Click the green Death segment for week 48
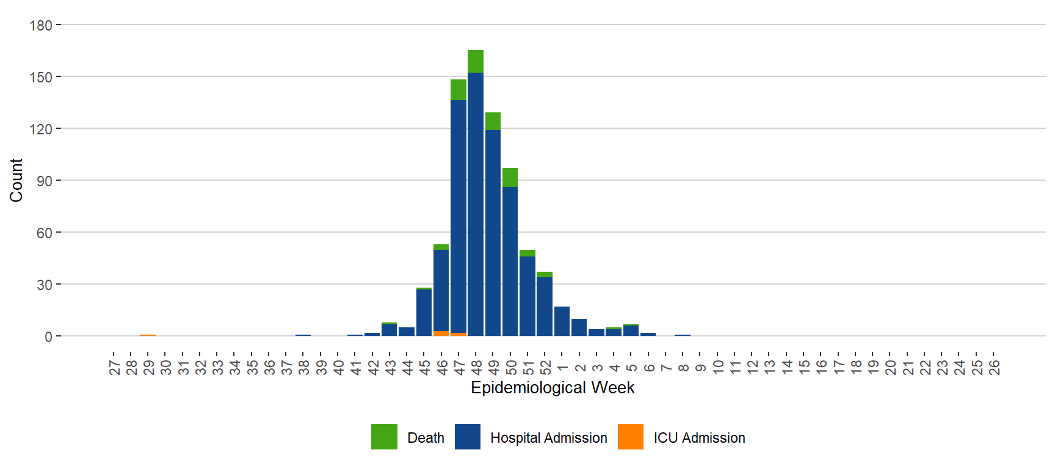tap(476, 61)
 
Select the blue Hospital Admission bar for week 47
tap(459, 214)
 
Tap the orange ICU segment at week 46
tap(441, 333)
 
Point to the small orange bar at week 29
tap(148, 335)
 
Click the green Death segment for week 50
tap(510, 177)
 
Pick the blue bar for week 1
tap(562, 321)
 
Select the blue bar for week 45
tap(424, 312)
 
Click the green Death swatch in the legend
tap(384, 437)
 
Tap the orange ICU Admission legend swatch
tap(631, 437)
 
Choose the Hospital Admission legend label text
tap(548, 438)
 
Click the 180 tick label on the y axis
tap(41, 26)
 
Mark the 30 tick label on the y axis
tap(44, 285)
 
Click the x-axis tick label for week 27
tap(114, 367)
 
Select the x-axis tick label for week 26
tap(994, 367)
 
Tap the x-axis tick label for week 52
tap(545, 367)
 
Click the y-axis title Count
tap(16, 180)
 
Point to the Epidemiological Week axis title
tap(553, 388)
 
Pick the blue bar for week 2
tap(579, 327)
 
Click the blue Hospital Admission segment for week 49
tap(493, 232)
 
